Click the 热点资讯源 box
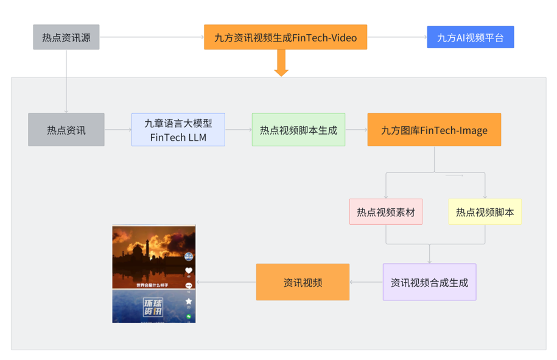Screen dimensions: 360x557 pos(66,37)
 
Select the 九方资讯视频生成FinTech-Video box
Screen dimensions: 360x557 pos(285,37)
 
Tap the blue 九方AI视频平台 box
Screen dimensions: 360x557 pos(470,37)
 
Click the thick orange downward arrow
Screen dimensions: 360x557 pos(281,63)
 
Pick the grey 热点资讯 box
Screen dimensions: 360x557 pos(66,130)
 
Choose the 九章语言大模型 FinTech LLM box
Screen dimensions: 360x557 pos(178,130)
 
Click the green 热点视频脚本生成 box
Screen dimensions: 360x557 pos(298,130)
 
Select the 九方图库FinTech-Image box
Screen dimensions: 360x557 pos(433,130)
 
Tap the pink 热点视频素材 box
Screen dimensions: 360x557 pos(385,212)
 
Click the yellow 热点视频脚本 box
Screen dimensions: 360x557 pos(485,212)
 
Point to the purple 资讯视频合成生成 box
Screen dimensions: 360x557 pos(429,282)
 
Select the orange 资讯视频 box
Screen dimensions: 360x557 pos(303,282)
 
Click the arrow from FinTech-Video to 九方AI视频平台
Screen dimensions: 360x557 pos(397,37)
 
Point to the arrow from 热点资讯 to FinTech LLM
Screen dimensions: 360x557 pos(117,130)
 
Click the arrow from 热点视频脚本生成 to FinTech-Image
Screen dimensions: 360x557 pos(356,130)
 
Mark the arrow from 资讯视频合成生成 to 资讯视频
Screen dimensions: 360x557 pos(366,282)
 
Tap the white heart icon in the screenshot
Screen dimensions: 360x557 pos(189,270)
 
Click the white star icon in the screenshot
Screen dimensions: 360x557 pos(189,302)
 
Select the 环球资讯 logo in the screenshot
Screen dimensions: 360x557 pos(152,306)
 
